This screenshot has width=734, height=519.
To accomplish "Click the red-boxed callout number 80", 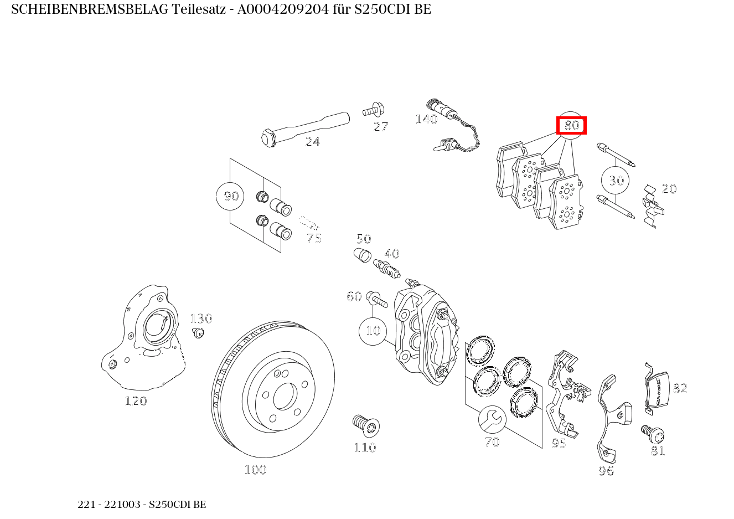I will tap(571, 126).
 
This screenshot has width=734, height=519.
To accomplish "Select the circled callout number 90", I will tap(230, 196).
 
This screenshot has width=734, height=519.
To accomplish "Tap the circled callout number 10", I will tap(373, 331).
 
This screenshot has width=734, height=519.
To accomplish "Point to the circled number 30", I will tap(616, 180).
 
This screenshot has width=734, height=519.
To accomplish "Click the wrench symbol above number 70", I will tap(492, 419).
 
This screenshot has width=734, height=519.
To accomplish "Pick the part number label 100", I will tap(255, 470).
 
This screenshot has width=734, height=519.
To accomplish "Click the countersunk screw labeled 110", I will tap(365, 425).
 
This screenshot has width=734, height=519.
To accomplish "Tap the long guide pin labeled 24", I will tap(304, 127).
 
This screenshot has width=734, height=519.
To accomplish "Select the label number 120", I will tap(136, 401).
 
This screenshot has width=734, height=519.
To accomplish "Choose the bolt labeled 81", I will tap(653, 433).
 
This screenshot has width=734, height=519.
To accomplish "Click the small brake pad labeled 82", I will tap(657, 390).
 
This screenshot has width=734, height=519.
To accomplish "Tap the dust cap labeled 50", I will tap(361, 256).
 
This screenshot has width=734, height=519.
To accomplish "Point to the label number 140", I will tap(426, 119).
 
